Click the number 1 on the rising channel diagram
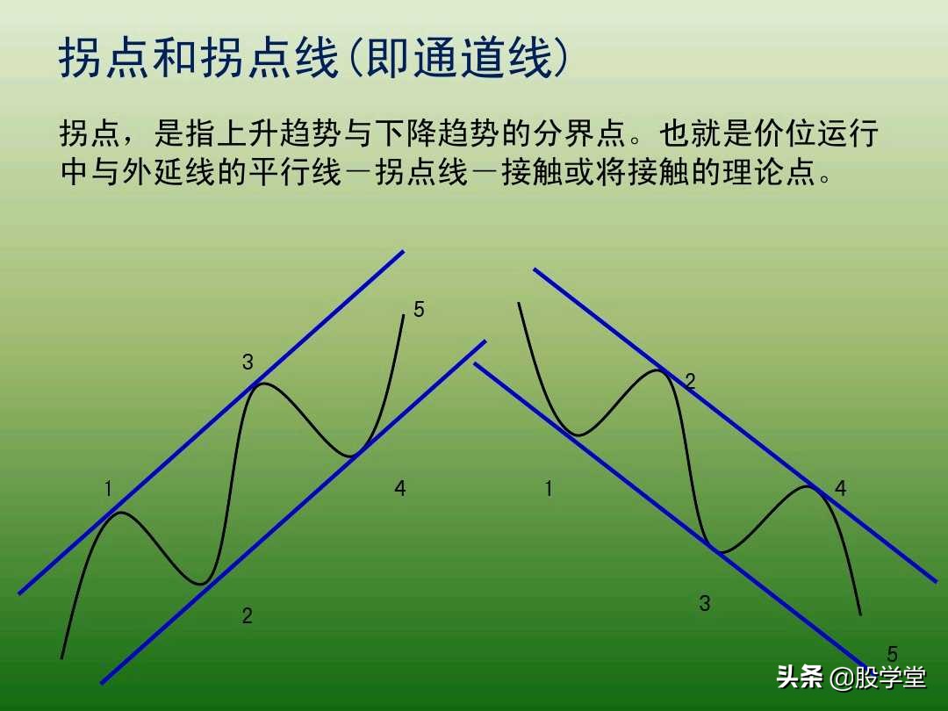[x=109, y=489]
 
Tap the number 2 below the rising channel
[x=248, y=616]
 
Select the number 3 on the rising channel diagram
[x=248, y=362]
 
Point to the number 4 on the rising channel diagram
[x=400, y=489]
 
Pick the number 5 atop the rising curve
[x=419, y=309]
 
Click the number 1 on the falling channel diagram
[x=549, y=489]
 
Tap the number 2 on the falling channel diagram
[x=690, y=381]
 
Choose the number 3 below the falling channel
[x=704, y=603]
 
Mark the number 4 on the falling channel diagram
[x=841, y=489]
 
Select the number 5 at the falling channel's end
[x=892, y=654]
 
